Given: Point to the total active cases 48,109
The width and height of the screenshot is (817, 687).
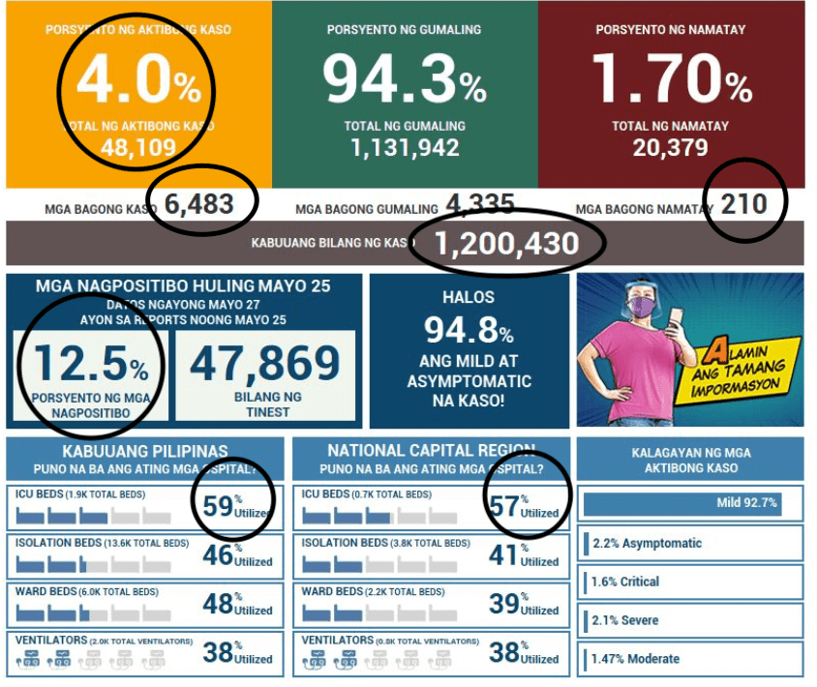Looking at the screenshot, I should (138, 148).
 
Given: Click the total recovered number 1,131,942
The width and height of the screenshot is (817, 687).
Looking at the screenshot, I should (404, 148).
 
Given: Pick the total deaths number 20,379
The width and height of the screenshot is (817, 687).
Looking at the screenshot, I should (670, 148).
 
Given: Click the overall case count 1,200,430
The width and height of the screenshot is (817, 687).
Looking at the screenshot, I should (506, 244).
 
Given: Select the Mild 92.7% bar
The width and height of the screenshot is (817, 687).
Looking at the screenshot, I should (681, 504).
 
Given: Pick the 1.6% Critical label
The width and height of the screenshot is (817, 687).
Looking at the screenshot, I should (625, 582).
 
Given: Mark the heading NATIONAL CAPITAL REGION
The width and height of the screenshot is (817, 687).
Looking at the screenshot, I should (431, 450).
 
